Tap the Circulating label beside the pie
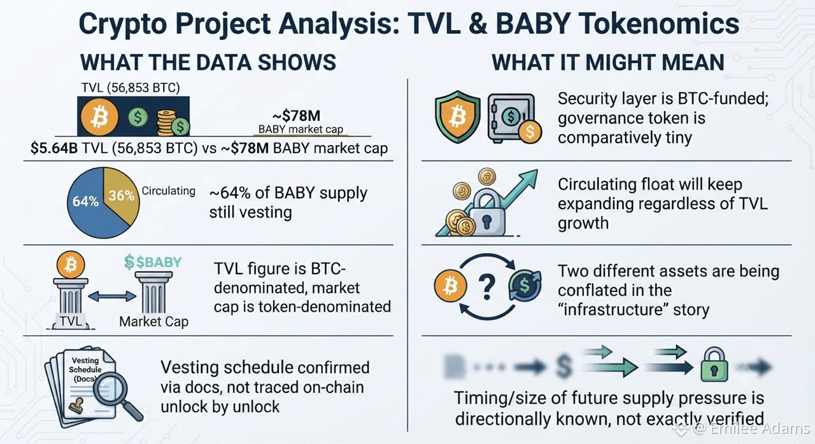coord(169,191)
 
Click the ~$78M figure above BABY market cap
coord(296,116)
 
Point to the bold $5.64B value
coord(54,148)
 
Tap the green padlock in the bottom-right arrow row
coord(714,364)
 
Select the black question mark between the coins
coord(487,287)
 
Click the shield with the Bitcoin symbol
coord(458,117)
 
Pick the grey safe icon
coord(511,117)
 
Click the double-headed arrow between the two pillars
coord(112,296)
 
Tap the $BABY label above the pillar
coord(153,262)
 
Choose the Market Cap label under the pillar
coord(154,322)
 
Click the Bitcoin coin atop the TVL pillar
coord(71,265)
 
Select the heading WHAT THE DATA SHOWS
coord(208,62)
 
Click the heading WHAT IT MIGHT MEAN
coord(608,62)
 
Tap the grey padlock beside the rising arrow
coord(487,215)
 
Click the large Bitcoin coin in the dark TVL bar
coord(99,117)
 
